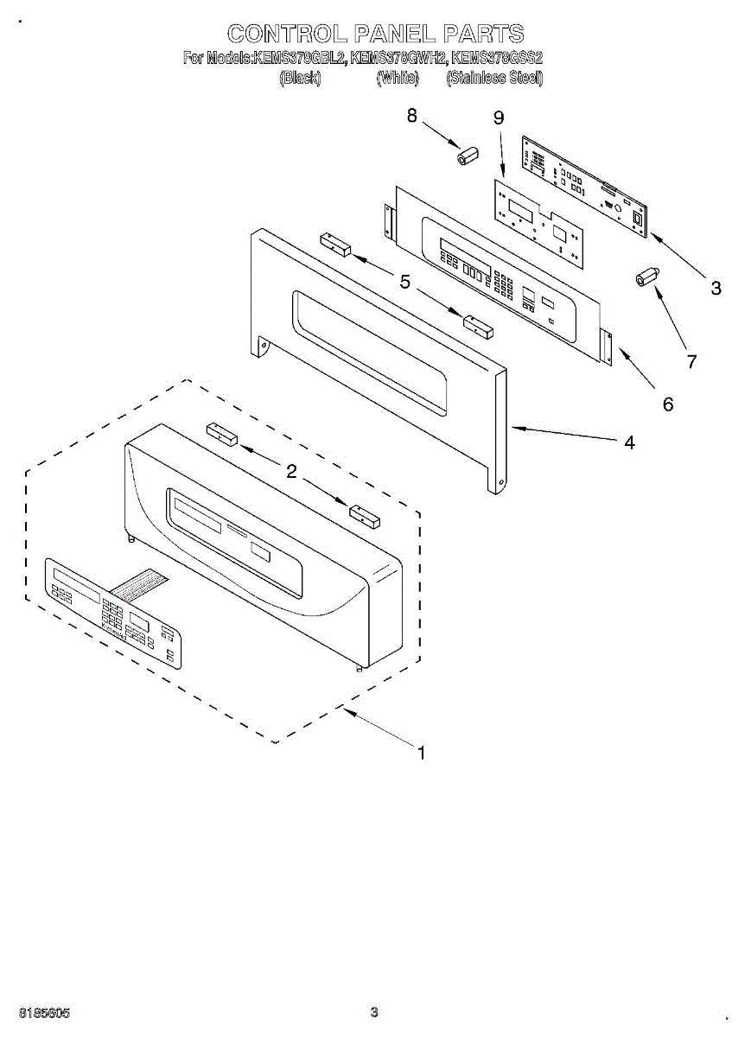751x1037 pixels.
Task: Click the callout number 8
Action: (412, 115)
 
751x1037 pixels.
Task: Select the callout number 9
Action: (499, 119)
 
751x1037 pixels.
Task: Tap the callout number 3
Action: (716, 289)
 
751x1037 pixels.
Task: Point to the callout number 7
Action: (691, 363)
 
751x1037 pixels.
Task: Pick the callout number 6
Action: (667, 404)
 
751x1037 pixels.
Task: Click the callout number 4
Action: (629, 442)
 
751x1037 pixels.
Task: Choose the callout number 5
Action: (404, 281)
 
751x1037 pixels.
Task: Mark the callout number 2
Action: (291, 471)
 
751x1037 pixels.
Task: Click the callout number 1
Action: (421, 754)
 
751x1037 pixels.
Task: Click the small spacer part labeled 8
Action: (468, 157)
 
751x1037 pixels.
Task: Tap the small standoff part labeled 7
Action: (646, 278)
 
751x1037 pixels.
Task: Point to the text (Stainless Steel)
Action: (494, 78)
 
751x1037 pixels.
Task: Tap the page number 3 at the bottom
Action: (374, 1012)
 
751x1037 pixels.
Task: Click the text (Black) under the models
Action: (301, 78)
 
